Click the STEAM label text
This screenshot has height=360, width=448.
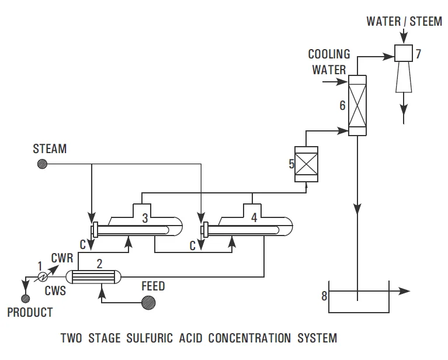[x=50, y=149]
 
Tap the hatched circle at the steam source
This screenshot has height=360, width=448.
[x=41, y=164]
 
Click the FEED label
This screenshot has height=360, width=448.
[x=153, y=286]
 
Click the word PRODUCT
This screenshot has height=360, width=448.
[x=30, y=313]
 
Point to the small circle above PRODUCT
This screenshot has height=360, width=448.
[x=25, y=299]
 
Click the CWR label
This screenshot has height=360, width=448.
[x=62, y=257]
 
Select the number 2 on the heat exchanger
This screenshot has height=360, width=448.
[x=99, y=264]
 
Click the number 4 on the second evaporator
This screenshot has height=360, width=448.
[x=253, y=217]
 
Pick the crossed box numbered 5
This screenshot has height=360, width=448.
[x=306, y=164]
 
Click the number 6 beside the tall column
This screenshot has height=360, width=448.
[x=342, y=106]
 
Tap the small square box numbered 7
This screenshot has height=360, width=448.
[x=403, y=54]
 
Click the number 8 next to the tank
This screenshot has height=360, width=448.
[x=323, y=296]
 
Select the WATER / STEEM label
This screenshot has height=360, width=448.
[x=404, y=22]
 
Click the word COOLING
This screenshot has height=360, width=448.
[x=329, y=54]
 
